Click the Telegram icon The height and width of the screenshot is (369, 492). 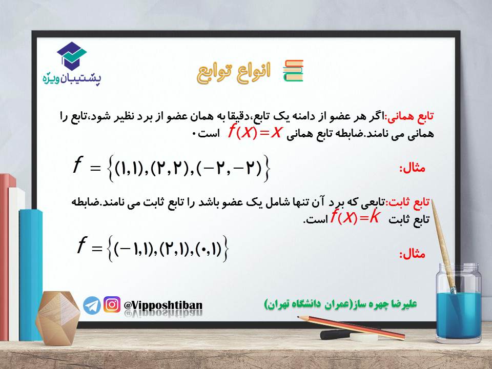[x=92, y=305]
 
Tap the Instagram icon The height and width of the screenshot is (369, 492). [x=112, y=304]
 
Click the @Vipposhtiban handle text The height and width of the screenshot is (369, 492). [x=163, y=305]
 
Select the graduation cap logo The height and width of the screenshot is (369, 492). [x=72, y=56]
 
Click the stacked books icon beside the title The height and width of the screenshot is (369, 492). [x=293, y=71]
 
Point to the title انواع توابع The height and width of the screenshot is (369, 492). [x=234, y=73]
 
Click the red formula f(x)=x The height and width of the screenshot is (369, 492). [x=255, y=132]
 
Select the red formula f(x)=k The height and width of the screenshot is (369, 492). [x=355, y=217]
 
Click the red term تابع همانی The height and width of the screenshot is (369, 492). [x=410, y=117]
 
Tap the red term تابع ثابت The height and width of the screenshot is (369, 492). [x=409, y=202]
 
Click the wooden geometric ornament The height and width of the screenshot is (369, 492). [x=57, y=318]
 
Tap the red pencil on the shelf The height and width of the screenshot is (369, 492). [x=351, y=328]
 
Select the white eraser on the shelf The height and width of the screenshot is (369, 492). [x=364, y=337]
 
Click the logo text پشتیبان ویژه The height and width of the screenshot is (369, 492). [x=72, y=78]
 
